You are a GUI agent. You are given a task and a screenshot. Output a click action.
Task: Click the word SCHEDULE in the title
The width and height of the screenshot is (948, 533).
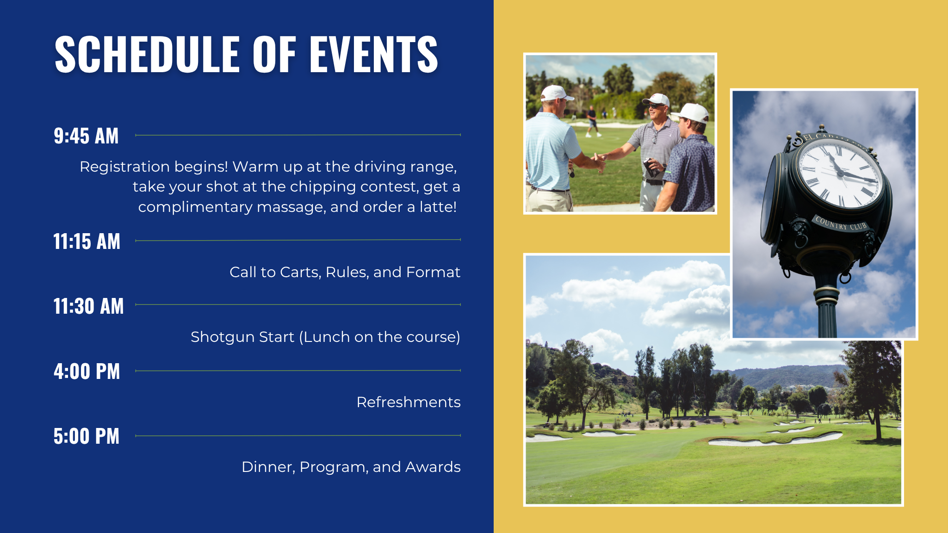(x=147, y=54)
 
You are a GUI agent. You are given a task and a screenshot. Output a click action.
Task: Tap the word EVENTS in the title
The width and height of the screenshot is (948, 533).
(x=373, y=54)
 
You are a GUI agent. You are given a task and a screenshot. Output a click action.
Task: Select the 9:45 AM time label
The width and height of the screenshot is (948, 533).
(x=86, y=136)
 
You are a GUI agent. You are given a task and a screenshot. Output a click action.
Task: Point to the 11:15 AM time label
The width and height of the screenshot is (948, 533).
(x=87, y=242)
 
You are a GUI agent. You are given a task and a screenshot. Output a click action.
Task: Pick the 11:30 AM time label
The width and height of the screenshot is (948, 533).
(x=88, y=306)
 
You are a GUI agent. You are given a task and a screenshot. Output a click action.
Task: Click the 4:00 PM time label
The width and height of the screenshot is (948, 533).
(x=87, y=372)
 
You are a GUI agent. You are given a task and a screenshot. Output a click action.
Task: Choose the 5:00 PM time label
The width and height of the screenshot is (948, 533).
(x=87, y=436)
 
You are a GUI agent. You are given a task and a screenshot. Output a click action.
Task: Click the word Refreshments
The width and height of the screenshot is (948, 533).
(x=409, y=402)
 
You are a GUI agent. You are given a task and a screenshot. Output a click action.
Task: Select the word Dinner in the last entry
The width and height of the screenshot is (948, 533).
(x=268, y=467)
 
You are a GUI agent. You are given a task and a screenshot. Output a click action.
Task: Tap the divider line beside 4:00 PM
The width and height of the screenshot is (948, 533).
(x=298, y=371)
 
